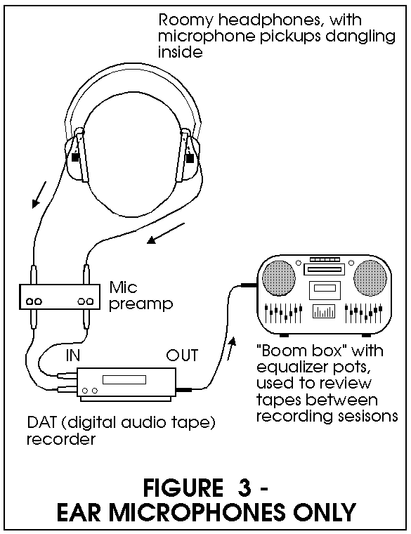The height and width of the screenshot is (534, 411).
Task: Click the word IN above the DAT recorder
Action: click(x=73, y=356)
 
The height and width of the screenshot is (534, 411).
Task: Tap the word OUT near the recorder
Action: click(x=182, y=356)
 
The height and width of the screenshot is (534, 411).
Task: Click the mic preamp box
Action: click(x=60, y=297)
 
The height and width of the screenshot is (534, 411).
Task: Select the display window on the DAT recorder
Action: click(x=124, y=379)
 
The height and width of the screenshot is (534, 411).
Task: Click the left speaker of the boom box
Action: click(x=278, y=278)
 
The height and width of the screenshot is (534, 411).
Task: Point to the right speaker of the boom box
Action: click(x=370, y=278)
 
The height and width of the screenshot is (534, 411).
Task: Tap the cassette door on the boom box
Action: click(x=325, y=289)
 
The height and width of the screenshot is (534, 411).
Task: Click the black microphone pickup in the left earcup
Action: click(x=75, y=157)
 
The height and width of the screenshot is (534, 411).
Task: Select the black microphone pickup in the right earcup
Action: click(x=190, y=158)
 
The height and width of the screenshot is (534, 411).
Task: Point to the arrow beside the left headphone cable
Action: click(x=39, y=195)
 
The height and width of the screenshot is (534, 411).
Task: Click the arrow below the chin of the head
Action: click(x=166, y=233)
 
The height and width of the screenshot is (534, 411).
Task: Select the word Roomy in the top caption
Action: click(x=185, y=22)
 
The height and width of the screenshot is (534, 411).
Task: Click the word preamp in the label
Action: click(x=141, y=304)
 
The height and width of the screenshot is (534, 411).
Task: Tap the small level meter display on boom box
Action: click(x=324, y=311)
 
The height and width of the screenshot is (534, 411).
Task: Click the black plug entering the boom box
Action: click(x=249, y=285)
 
